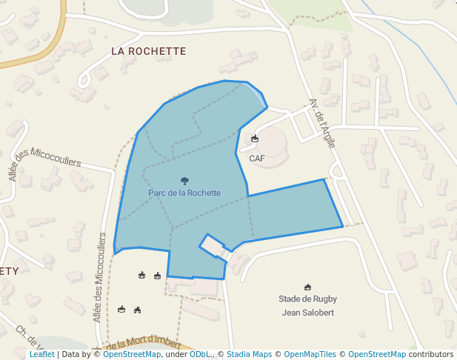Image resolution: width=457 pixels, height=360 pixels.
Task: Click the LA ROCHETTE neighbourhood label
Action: coord(148,51)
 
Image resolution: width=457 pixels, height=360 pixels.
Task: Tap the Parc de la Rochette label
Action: coord(184,193)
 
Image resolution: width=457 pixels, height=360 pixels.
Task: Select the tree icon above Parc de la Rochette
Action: coord(184,180)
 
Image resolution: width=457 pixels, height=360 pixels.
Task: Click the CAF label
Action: coord(256,159)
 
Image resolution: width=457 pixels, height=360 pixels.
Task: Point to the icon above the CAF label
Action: coord(256,139)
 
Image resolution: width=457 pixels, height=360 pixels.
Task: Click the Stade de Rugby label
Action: coord(307,299)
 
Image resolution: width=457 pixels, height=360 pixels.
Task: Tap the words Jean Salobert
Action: coord(307,313)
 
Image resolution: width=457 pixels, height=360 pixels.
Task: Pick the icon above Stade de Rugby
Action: coord(307,287)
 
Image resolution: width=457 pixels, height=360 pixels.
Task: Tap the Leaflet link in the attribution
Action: coord(41,355)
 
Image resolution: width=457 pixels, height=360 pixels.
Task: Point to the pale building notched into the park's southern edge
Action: coord(213,245)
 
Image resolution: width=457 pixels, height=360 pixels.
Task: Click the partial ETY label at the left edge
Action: coord(9,271)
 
